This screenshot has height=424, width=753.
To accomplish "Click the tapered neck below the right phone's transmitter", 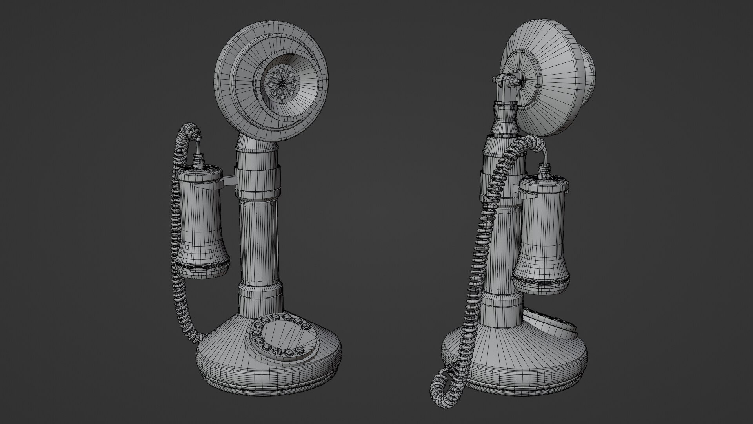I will point(504,118).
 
